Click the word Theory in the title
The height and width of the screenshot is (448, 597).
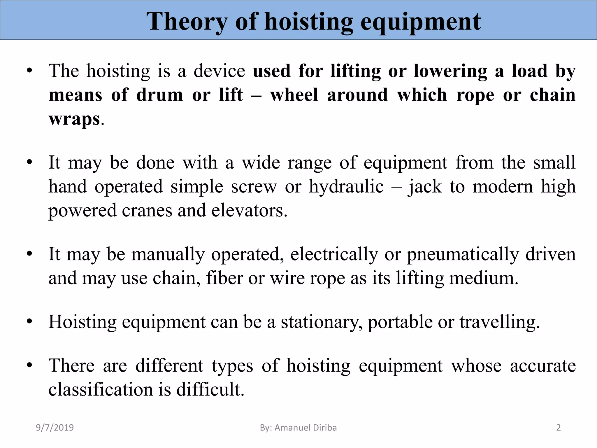click(187, 22)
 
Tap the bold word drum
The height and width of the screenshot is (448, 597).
click(159, 95)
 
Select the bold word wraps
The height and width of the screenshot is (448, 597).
click(74, 119)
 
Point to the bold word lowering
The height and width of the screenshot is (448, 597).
click(450, 71)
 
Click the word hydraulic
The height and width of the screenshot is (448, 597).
click(346, 186)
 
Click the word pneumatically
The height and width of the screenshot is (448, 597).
click(463, 254)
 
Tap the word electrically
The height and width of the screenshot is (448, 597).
click(334, 254)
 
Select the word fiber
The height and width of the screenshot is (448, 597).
click(224, 278)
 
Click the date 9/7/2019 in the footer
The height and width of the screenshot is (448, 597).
click(55, 428)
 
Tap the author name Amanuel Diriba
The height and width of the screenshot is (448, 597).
click(305, 428)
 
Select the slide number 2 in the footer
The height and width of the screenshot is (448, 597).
click(559, 428)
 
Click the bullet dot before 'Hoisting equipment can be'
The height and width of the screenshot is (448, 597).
click(29, 322)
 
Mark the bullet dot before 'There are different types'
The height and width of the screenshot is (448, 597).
click(29, 365)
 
